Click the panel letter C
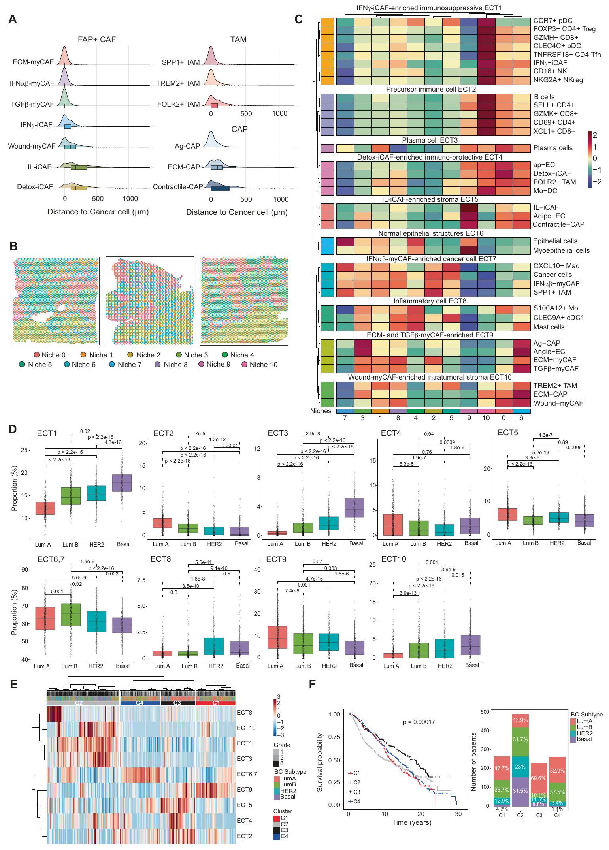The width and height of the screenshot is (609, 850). (299, 19)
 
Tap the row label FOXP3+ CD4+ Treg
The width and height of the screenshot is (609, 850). (564, 29)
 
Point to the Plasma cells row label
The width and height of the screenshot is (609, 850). (552, 148)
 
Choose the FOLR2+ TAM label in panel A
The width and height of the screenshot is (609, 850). (178, 104)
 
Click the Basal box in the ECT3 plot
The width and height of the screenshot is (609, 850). (354, 513)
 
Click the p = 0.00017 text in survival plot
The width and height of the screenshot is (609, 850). (419, 722)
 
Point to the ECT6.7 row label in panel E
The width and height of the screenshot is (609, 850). (247, 774)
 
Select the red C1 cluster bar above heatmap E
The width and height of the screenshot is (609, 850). (216, 703)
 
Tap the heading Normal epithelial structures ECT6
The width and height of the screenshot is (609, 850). (430, 233)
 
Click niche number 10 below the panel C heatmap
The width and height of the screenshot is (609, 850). (486, 418)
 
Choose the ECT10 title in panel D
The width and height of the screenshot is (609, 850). (393, 559)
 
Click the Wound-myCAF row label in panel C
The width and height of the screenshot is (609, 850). (558, 403)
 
